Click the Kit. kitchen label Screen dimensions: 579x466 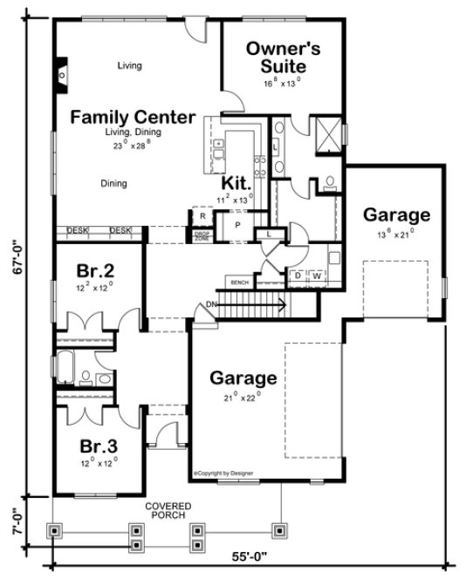click(x=236, y=184)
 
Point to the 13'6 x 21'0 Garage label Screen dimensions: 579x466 click(x=396, y=215)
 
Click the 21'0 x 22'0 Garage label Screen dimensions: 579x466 click(x=243, y=378)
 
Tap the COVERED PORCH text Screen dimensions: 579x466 click(x=169, y=511)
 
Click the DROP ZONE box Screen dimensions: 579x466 click(x=201, y=236)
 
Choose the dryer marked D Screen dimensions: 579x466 click(x=298, y=276)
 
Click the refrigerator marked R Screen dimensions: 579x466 click(x=201, y=215)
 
